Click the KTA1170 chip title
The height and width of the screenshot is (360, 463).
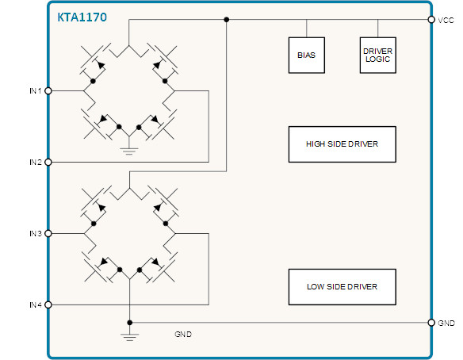click(82, 17)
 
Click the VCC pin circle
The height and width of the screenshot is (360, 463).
click(431, 20)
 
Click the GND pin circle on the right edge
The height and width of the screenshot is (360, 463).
click(431, 323)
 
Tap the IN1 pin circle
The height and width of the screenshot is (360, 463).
click(48, 90)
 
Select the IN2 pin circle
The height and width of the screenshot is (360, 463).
click(48, 162)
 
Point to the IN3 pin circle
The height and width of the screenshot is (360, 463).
click(48, 234)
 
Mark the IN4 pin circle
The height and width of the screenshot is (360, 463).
click(48, 304)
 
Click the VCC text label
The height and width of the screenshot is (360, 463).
click(446, 21)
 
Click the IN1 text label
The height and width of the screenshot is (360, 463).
click(36, 91)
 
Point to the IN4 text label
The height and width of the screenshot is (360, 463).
click(36, 304)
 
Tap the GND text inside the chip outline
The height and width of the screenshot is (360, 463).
click(183, 335)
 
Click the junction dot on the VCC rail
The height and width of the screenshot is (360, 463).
click(227, 20)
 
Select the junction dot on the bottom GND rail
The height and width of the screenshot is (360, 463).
click(130, 323)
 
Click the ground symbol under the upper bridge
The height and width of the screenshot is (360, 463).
click(129, 151)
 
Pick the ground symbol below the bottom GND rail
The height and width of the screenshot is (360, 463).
click(130, 337)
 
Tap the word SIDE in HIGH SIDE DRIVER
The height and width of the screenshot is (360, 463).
click(336, 144)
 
